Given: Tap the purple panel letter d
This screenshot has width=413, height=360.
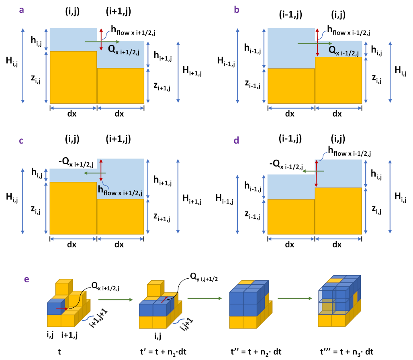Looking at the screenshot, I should pyautogui.click(x=236, y=140).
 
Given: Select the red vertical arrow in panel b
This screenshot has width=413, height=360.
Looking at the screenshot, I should pyautogui.click(x=317, y=42).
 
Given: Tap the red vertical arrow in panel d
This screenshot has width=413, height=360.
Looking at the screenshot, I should pyautogui.click(x=317, y=174).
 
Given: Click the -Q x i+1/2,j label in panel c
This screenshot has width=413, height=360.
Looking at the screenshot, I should pyautogui.click(x=76, y=163).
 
